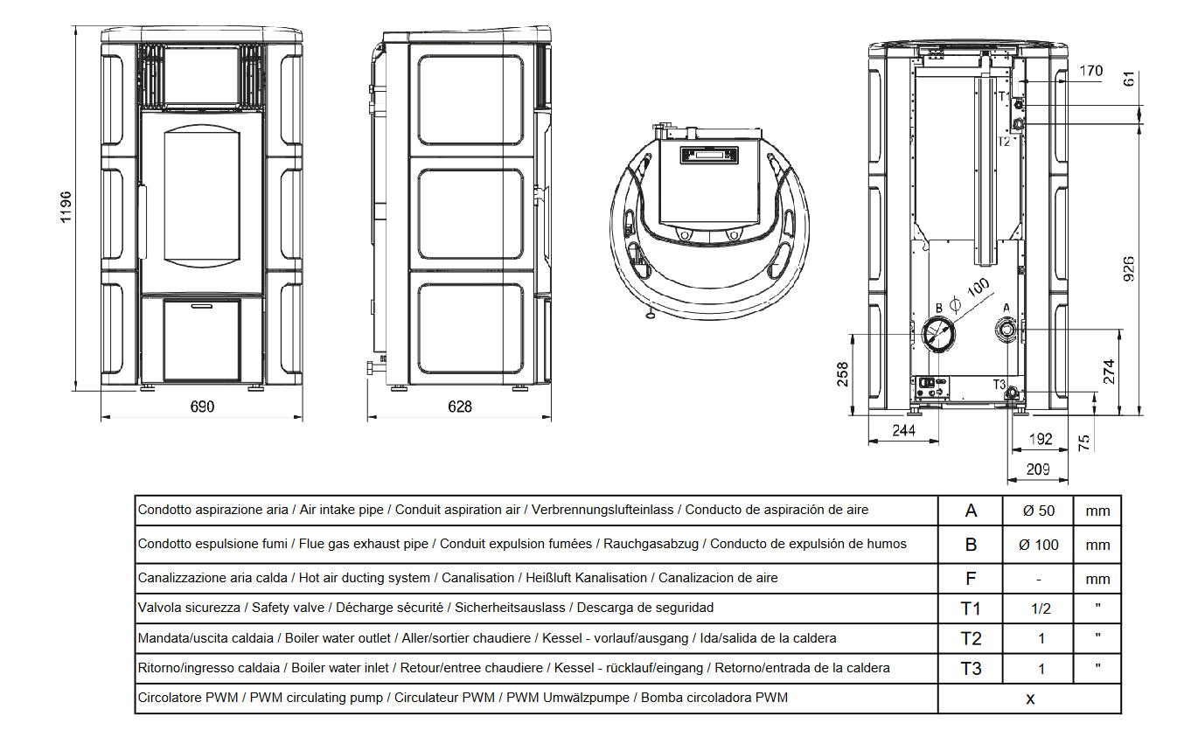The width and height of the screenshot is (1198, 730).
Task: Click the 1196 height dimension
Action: point(66,207)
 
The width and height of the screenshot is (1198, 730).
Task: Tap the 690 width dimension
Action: point(202,407)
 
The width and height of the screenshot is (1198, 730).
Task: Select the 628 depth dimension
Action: point(460,407)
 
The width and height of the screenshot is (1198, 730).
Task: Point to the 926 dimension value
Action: point(1128,269)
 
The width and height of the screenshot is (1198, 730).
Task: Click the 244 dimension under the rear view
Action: point(904,430)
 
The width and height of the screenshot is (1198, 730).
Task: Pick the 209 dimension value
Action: point(1038,469)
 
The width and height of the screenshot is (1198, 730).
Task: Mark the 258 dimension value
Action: point(843,374)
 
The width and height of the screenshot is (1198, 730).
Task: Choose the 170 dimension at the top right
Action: point(1091,71)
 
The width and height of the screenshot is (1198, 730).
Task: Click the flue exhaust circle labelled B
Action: point(938,334)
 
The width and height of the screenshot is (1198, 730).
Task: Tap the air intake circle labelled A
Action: point(1006,330)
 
